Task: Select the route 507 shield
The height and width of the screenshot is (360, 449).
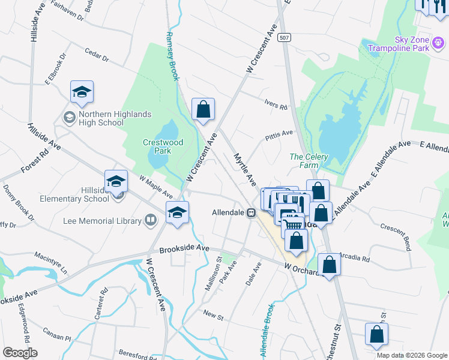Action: (x=285, y=37)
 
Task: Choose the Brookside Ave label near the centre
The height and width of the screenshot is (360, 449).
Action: (x=184, y=248)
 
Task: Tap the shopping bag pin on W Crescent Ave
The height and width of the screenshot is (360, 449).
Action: (x=203, y=110)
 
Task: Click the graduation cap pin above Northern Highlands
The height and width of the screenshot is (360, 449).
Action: (x=82, y=92)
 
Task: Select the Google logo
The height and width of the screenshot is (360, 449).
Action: (x=20, y=353)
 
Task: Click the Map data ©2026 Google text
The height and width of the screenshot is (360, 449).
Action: (x=411, y=355)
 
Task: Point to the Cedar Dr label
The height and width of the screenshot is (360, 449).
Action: (x=97, y=55)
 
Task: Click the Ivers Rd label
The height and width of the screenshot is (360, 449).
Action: (x=276, y=104)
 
